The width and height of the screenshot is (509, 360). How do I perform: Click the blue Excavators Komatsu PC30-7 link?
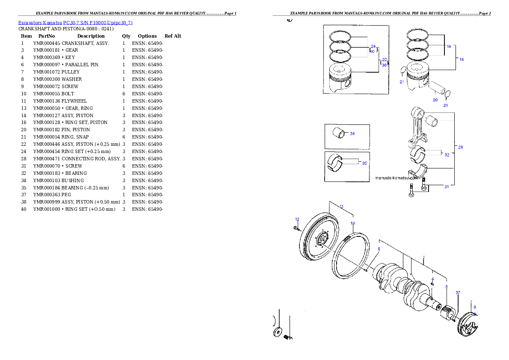coord(75,23)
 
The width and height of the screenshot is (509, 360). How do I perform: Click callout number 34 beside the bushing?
coord(352,134)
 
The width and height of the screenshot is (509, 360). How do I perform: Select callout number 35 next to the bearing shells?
coord(364,163)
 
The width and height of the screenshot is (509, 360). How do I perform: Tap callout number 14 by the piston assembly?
coord(461,59)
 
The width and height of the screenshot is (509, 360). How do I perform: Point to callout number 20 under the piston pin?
coord(435,100)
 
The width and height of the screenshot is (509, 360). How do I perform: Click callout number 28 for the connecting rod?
coord(460,147)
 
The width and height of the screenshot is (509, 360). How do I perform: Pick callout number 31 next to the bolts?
coord(446,186)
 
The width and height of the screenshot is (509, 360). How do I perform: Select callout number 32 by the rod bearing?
coord(446,155)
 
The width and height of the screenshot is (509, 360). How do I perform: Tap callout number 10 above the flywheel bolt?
coord(297,219)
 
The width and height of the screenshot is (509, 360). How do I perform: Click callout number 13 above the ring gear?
coord(352,223)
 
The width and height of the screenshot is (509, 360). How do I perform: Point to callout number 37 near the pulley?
coord(458,293)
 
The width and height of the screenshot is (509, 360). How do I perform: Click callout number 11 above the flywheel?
coord(341,206)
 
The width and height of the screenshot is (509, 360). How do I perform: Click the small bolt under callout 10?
coord(296,228)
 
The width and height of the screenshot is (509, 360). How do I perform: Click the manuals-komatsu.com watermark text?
coord(396,177)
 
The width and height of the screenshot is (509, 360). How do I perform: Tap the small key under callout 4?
coord(432,283)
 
